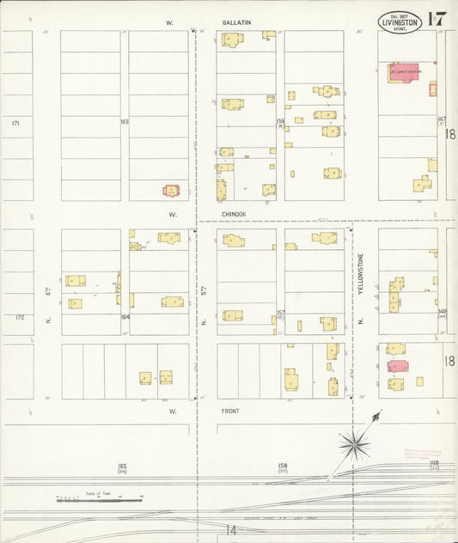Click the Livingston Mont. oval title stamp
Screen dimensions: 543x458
tap(400, 21)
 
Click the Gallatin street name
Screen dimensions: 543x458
tap(237, 24)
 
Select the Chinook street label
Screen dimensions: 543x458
tap(234, 214)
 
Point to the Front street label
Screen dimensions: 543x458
tap(231, 411)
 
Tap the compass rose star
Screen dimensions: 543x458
tap(353, 443)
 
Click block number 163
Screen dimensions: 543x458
tap(125, 122)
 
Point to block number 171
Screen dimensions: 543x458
tap(15, 124)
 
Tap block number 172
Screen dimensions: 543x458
tap(20, 317)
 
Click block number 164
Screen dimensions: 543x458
tap(125, 317)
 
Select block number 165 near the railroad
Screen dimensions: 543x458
tap(122, 466)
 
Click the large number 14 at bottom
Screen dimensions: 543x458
tap(230, 530)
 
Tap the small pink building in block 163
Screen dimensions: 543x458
tap(172, 190)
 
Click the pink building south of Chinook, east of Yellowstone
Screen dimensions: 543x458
tap(397, 366)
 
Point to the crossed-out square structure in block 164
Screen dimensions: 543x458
tap(134, 246)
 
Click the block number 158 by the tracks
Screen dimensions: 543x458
tap(283, 466)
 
